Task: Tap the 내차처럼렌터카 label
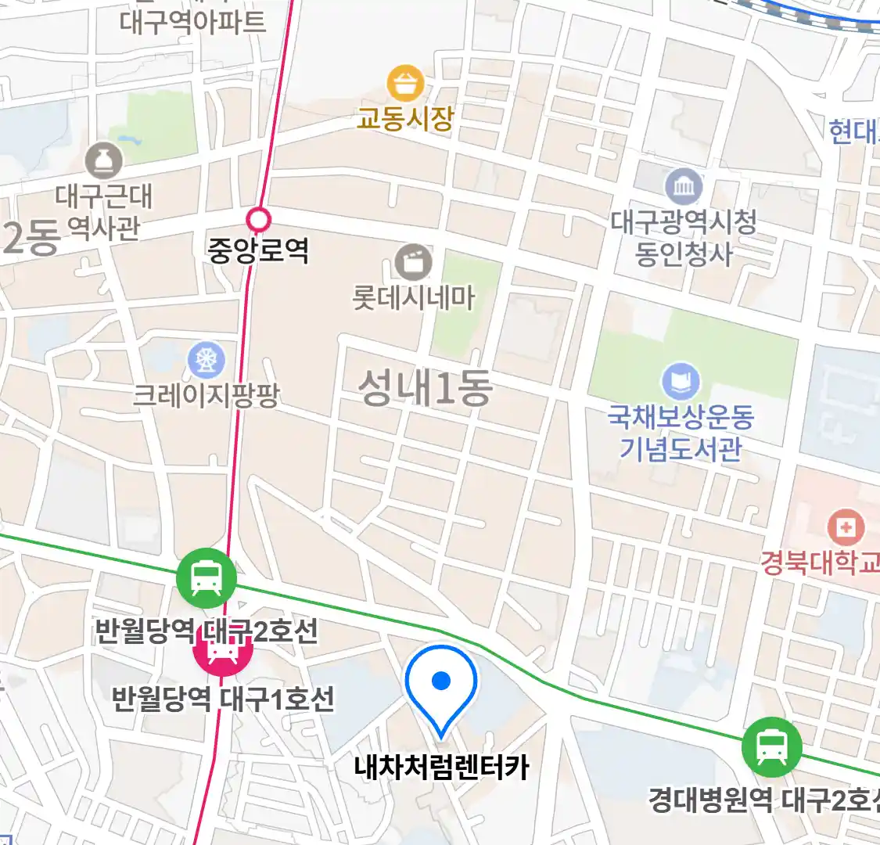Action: [x=441, y=767]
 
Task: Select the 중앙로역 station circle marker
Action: [x=258, y=220]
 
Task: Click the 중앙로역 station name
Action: [x=258, y=250]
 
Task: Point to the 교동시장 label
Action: [x=405, y=119]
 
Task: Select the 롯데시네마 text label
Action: [x=413, y=298]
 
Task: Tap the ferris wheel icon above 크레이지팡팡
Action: [x=207, y=360]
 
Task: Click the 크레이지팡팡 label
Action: [x=207, y=394]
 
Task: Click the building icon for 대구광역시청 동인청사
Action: [x=684, y=186]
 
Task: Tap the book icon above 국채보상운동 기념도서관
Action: [x=681, y=381]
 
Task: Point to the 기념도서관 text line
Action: [x=681, y=449]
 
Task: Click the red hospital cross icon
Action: [x=846, y=527]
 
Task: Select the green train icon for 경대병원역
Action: [x=772, y=746]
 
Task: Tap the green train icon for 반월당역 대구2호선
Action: [x=206, y=579]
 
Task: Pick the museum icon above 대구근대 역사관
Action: [x=104, y=161]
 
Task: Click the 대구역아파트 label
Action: [x=192, y=21]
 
